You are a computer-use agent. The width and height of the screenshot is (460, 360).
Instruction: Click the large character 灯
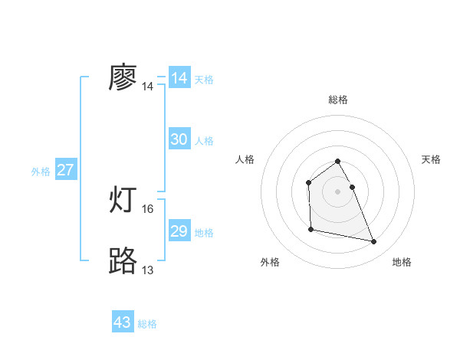[x=123, y=201]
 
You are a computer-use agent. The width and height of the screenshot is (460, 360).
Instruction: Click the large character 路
[x=123, y=261]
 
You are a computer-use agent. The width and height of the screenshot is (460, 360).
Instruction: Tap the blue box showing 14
[x=179, y=78]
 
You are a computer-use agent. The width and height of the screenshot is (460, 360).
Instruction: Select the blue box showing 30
[x=179, y=139]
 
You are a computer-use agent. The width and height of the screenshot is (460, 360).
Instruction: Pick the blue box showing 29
[x=179, y=231]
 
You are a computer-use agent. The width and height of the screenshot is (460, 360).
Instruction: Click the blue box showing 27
[x=66, y=170]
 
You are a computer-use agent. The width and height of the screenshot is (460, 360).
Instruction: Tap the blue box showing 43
[x=123, y=322]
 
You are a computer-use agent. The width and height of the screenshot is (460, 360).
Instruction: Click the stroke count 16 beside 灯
[x=148, y=209]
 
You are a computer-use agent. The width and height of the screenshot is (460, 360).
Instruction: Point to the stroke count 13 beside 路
[x=148, y=270]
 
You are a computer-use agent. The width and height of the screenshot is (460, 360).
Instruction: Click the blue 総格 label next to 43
[x=148, y=324]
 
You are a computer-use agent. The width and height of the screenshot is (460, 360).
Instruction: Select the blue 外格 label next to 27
[x=41, y=172]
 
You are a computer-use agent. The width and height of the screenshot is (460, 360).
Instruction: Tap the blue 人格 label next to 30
[x=204, y=141]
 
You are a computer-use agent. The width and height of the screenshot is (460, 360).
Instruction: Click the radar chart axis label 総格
[x=338, y=100]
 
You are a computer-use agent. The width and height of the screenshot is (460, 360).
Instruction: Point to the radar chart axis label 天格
[x=431, y=159]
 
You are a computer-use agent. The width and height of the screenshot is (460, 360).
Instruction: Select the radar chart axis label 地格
[x=402, y=262]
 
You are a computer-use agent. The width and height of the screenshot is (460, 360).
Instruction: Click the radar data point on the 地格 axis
[x=374, y=242]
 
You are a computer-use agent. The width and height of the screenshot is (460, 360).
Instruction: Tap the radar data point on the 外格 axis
[x=310, y=229]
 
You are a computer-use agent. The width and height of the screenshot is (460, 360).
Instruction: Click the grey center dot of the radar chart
[x=338, y=191]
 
